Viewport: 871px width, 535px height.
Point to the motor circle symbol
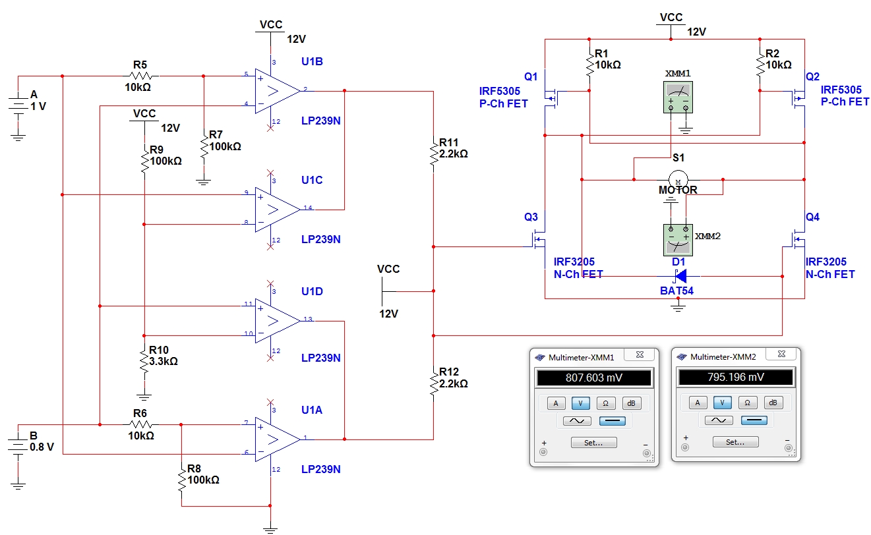[x=678, y=180]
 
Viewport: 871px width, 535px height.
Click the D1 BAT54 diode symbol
[x=680, y=276]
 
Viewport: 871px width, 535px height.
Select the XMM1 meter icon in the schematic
[x=678, y=97]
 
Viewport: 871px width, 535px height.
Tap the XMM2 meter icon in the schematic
[x=678, y=240]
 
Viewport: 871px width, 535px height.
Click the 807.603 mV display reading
[x=594, y=378]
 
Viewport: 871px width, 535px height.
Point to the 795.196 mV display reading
[x=736, y=377]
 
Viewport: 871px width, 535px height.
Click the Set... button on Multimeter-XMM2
[x=735, y=441]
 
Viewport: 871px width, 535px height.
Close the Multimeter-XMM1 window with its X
[x=640, y=354]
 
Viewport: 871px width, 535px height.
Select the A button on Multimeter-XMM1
[x=556, y=403]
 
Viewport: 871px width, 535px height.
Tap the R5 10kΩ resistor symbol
[x=140, y=76]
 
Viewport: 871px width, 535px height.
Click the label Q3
[x=531, y=217]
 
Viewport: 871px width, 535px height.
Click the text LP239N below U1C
[x=321, y=239]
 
